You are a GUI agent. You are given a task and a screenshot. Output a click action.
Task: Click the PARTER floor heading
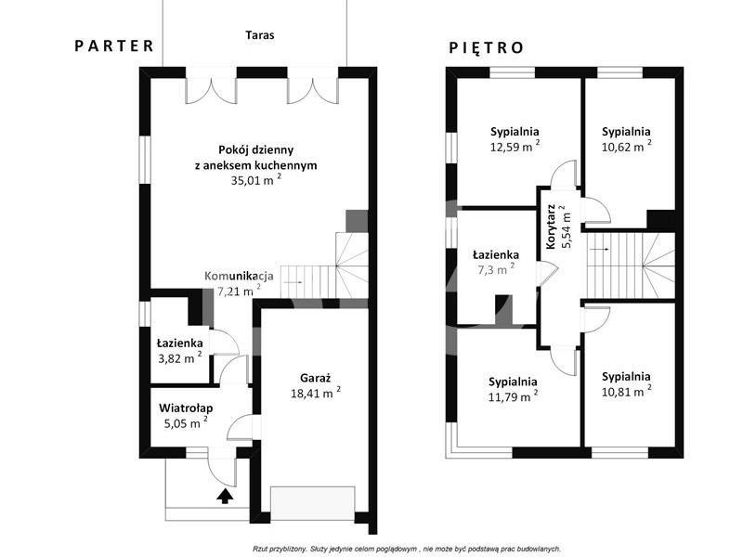pyautogui.click(x=114, y=45)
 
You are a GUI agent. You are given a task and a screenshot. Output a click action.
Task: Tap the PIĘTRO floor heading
pyautogui.click(x=486, y=48)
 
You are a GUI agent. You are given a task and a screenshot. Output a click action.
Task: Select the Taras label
pyautogui.click(x=260, y=35)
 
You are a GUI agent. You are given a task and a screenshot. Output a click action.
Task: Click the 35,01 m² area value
pyautogui.click(x=256, y=180)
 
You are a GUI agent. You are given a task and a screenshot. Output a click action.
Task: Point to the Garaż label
pyautogui.click(x=315, y=379)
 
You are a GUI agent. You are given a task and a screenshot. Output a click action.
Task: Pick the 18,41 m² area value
pyautogui.click(x=316, y=393)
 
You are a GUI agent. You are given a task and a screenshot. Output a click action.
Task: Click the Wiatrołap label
pyautogui.click(x=186, y=408)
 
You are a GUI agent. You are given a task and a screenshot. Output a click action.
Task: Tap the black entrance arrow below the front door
pyautogui.click(x=225, y=496)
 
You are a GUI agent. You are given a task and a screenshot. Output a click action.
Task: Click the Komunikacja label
pyautogui.click(x=239, y=276)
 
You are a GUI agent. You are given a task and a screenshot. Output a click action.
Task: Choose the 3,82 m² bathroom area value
pyautogui.click(x=179, y=358)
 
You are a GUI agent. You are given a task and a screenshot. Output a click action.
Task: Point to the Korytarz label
pyautogui.click(x=551, y=227)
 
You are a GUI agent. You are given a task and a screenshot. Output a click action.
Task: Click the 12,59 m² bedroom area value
pyautogui.click(x=515, y=147)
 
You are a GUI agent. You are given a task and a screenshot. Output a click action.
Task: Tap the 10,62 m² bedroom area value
pyautogui.click(x=626, y=147)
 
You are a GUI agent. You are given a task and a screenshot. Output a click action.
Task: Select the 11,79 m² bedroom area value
pyautogui.click(x=513, y=396)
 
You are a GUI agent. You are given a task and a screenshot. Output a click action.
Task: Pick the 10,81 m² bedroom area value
pyautogui.click(x=626, y=391)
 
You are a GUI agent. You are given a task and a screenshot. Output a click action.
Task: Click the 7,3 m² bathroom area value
pyautogui.click(x=496, y=269)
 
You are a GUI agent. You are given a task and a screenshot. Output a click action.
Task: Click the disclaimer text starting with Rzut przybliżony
pyautogui.click(x=408, y=549)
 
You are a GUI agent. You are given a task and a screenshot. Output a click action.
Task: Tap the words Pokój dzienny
pyautogui.click(x=256, y=149)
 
